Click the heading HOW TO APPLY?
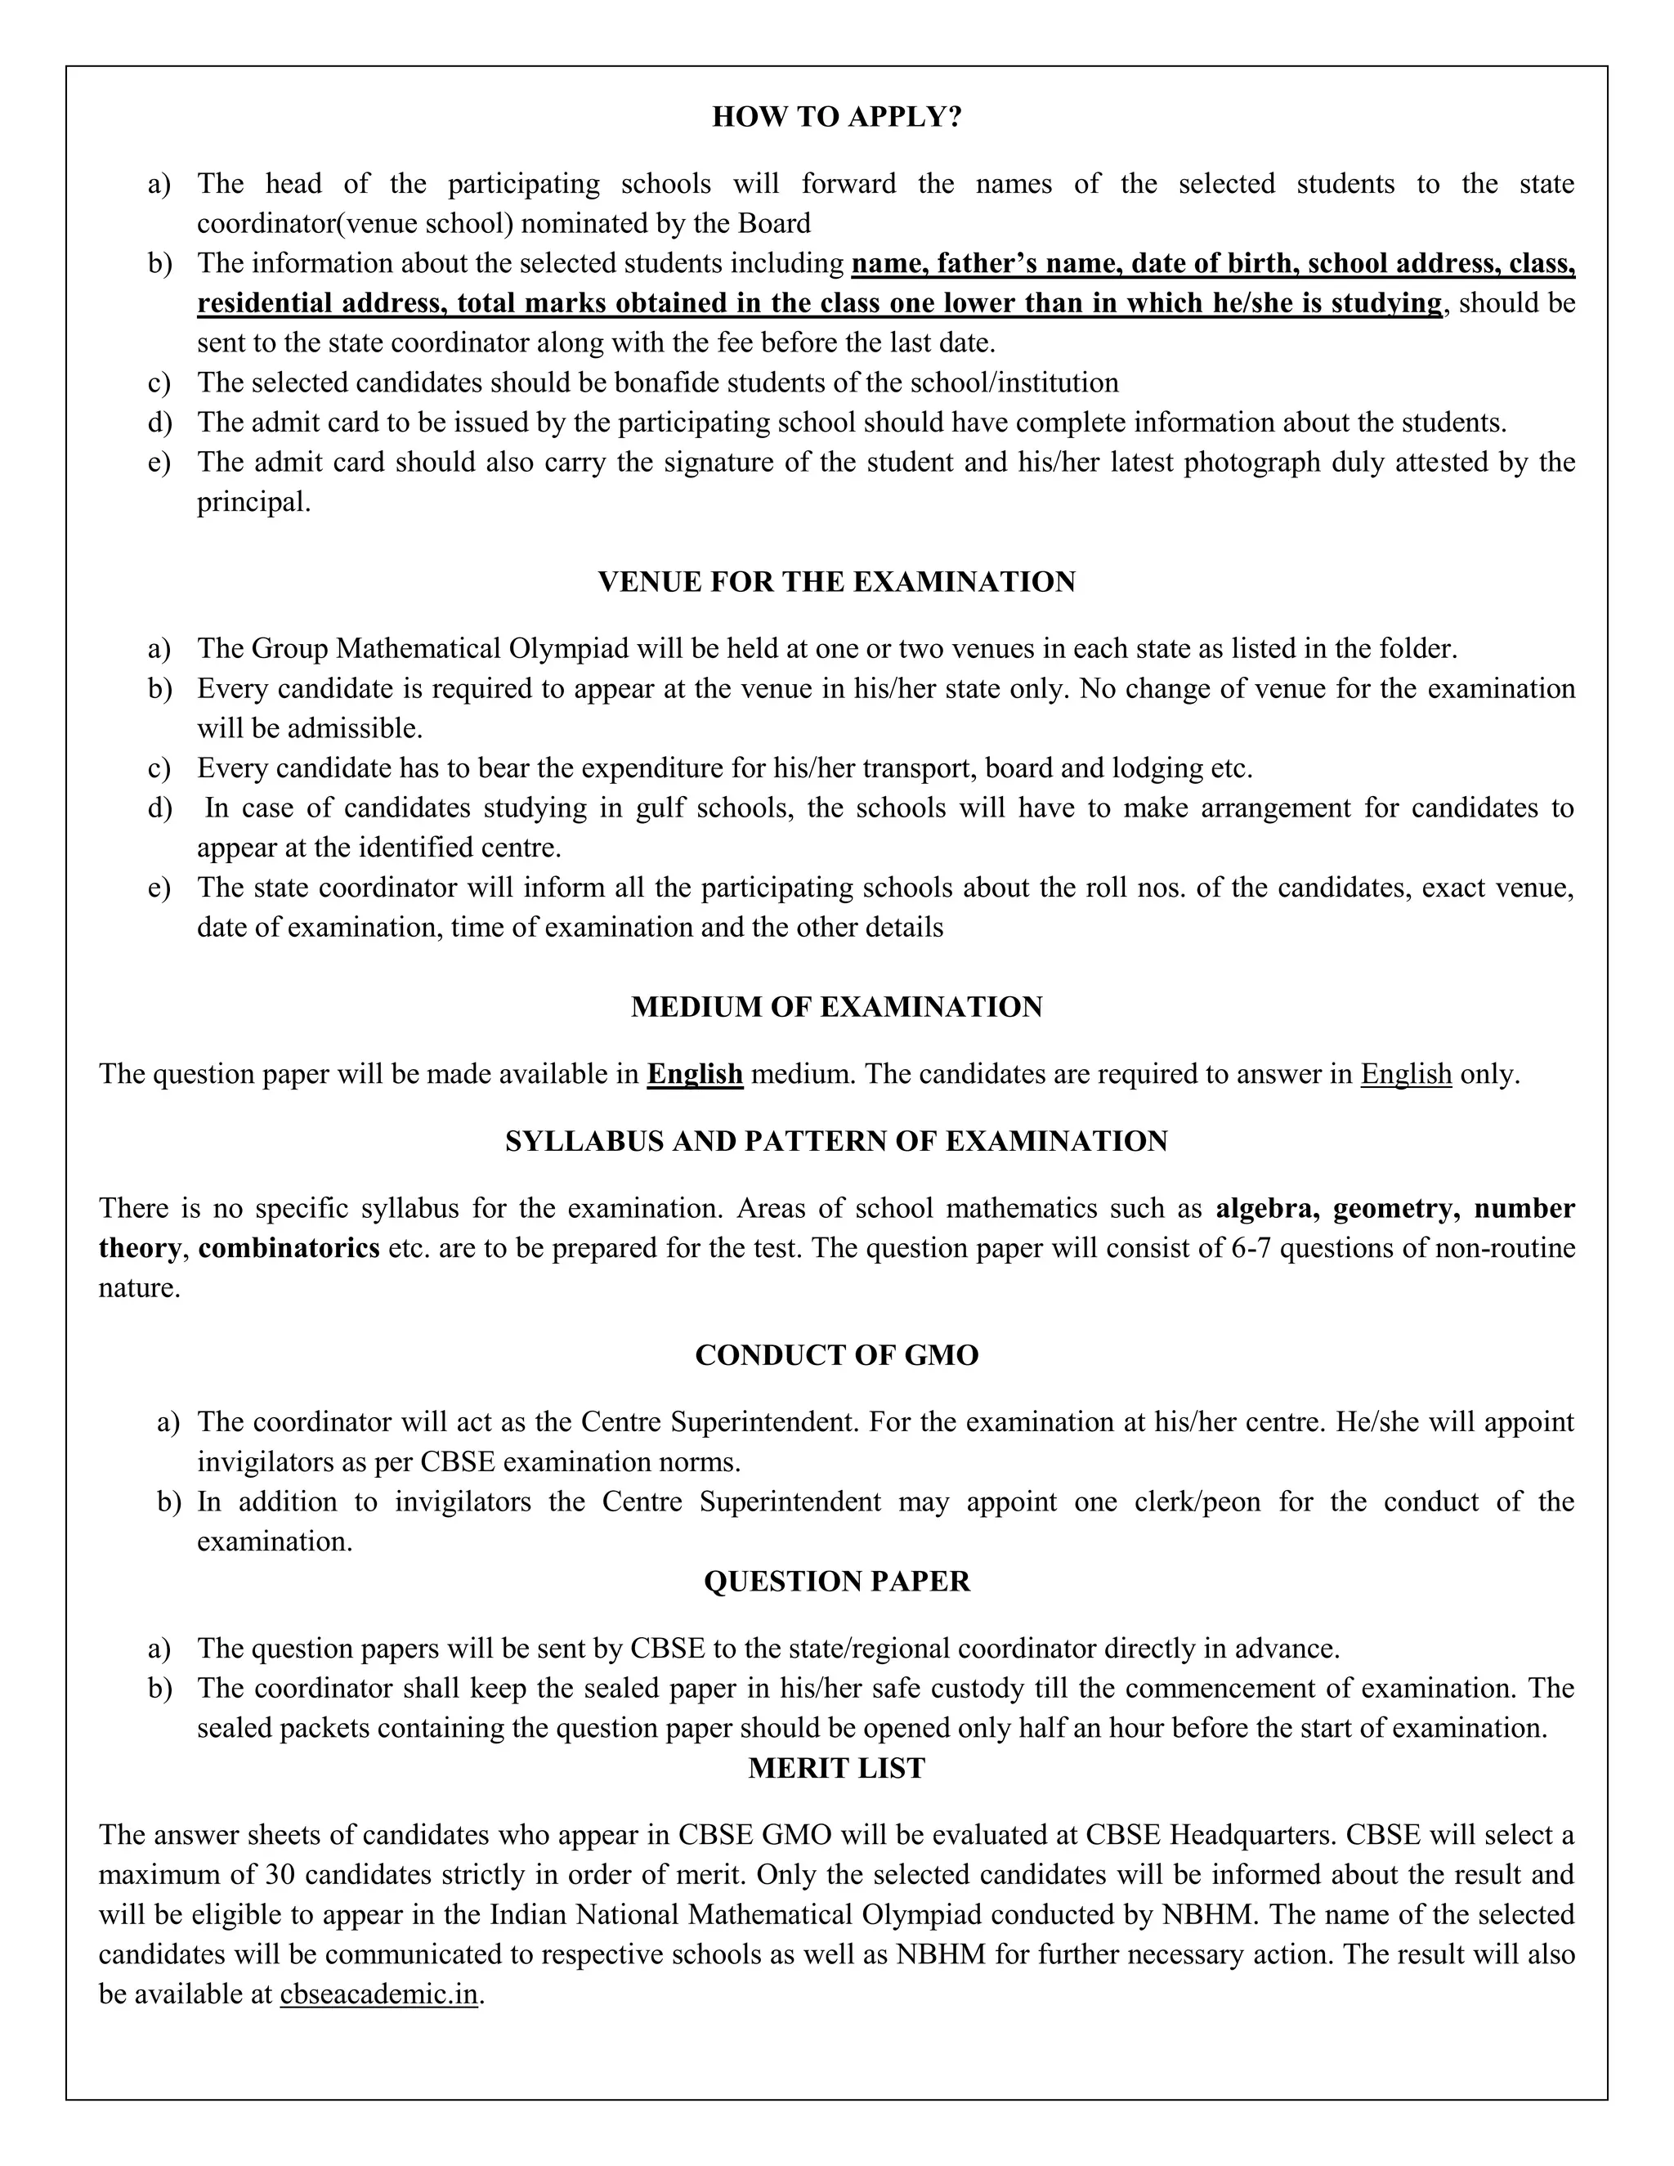tap(836, 117)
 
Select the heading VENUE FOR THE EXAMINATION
tap(836, 581)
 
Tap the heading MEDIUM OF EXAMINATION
tap(836, 1007)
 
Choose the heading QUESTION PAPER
tap(836, 1581)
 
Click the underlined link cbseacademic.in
tap(378, 1994)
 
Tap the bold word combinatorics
tap(289, 1247)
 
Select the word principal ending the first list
tap(253, 502)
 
